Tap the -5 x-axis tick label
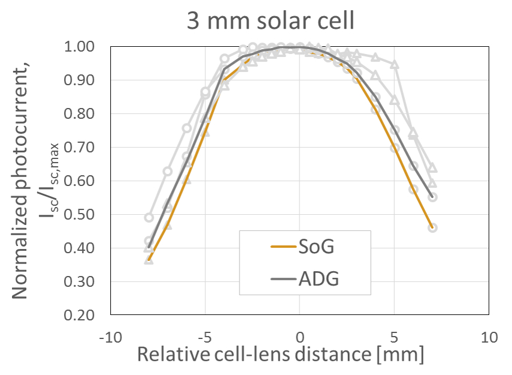pyautogui.click(x=205, y=337)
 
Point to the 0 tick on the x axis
pyautogui.click(x=299, y=337)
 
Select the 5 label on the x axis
pyautogui.click(x=395, y=337)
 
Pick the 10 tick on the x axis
pyautogui.click(x=489, y=337)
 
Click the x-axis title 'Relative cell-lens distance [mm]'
pyautogui.click(x=281, y=355)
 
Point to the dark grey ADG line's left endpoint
pyautogui.click(x=149, y=247)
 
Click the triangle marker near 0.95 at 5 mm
pyautogui.click(x=395, y=64)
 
